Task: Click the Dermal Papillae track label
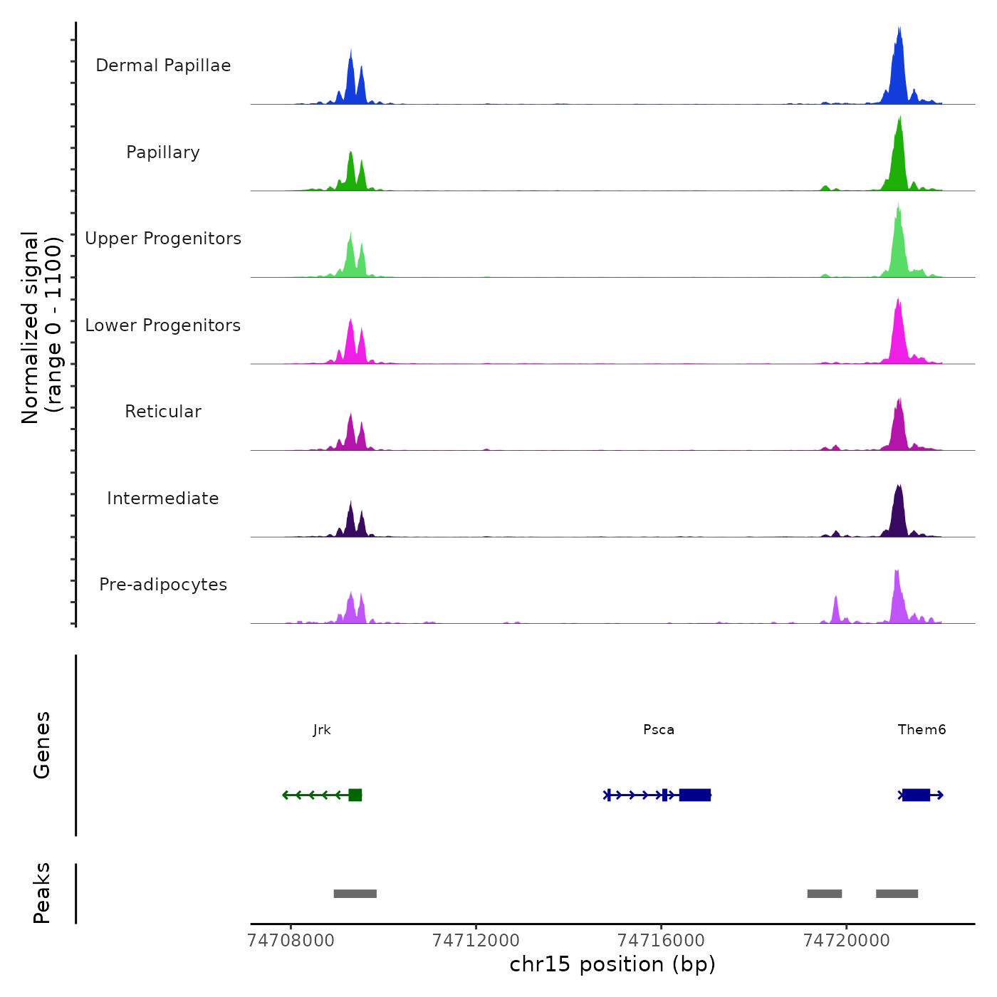[163, 66]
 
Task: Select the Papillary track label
[163, 152]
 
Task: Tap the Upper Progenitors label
[163, 239]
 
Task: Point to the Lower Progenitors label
[163, 325]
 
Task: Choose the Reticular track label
[163, 412]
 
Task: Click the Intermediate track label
[163, 499]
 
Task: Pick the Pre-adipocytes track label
[163, 585]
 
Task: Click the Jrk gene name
[322, 730]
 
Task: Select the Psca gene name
[659, 730]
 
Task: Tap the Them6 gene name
[922, 730]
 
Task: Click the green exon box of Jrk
[355, 795]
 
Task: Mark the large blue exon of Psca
[695, 795]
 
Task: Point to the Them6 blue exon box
[916, 795]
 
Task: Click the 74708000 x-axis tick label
[291, 941]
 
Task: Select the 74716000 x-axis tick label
[661, 941]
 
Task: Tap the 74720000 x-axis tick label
[846, 941]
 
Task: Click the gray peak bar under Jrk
[355, 894]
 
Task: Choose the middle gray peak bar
[825, 894]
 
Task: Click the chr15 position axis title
[612, 965]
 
